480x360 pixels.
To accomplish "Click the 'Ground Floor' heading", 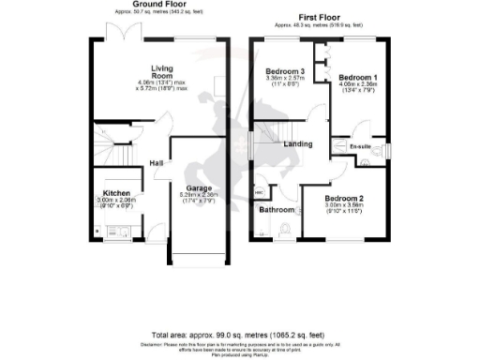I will [x=155, y=5].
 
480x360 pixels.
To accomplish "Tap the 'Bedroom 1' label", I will [x=356, y=76].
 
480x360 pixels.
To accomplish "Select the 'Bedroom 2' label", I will [x=344, y=199].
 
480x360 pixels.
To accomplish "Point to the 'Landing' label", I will [x=299, y=142].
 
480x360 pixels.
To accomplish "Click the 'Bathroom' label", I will [x=277, y=210].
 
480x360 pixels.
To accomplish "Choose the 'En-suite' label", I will [x=358, y=147].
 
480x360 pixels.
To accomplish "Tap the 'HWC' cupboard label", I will [x=259, y=191].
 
